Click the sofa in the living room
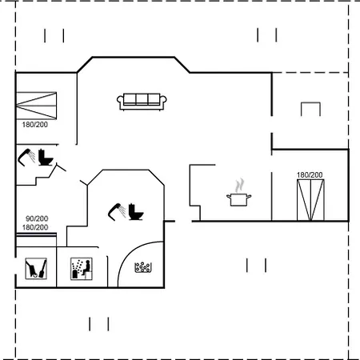click(142, 102)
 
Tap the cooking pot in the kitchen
click(239, 200)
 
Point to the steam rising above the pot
click(239, 185)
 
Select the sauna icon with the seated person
click(82, 269)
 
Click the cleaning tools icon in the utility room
click(36, 269)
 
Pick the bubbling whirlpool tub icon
click(143, 267)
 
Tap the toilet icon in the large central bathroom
click(136, 212)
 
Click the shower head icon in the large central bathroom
click(117, 212)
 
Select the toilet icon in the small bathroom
click(46, 158)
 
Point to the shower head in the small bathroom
click(26, 158)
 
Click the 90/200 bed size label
click(37, 218)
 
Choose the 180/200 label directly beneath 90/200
click(35, 227)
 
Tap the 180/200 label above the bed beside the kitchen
click(310, 175)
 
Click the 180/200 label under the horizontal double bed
click(35, 125)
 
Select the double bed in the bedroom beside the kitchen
click(310, 200)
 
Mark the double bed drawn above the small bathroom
click(37, 106)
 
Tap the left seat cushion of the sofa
click(130, 99)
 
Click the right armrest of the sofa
click(163, 100)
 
